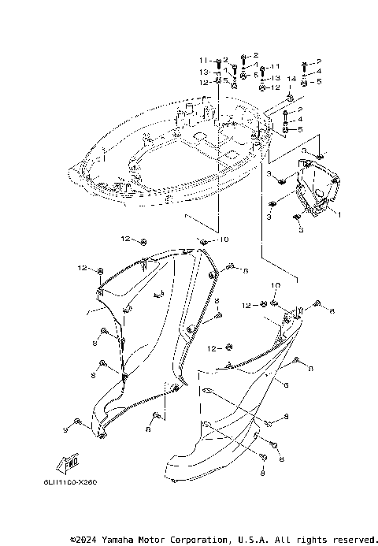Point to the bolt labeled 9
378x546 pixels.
[77, 422]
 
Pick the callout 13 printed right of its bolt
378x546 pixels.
[276, 79]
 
